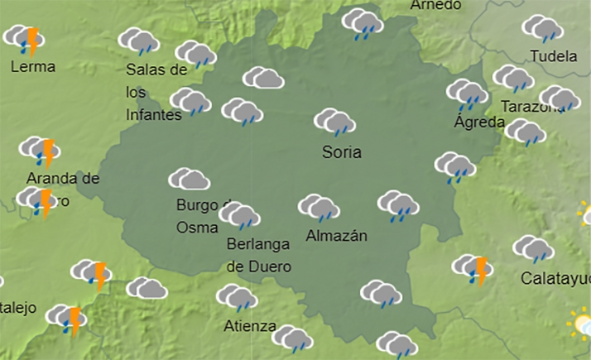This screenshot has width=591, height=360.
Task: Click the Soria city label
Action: (342, 153)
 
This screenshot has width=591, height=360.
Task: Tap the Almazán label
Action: (336, 236)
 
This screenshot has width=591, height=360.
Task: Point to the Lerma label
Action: (33, 66)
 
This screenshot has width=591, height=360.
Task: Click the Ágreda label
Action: (479, 122)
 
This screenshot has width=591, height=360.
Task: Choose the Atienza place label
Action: (250, 326)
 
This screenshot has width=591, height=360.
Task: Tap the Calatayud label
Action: (555, 279)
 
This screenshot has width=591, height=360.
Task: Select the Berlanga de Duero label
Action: (258, 256)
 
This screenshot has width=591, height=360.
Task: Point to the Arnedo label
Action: (435, 5)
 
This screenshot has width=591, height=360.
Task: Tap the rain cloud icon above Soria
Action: (334, 122)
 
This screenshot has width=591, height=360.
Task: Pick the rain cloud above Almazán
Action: (319, 208)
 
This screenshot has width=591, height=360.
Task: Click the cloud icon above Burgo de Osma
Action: (189, 179)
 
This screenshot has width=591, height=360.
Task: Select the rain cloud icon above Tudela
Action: (542, 28)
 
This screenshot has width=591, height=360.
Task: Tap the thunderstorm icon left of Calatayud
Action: (472, 268)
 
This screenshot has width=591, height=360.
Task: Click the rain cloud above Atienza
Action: (237, 297)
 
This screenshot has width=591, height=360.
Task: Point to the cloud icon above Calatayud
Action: (532, 247)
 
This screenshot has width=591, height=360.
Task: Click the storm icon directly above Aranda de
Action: (40, 151)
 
